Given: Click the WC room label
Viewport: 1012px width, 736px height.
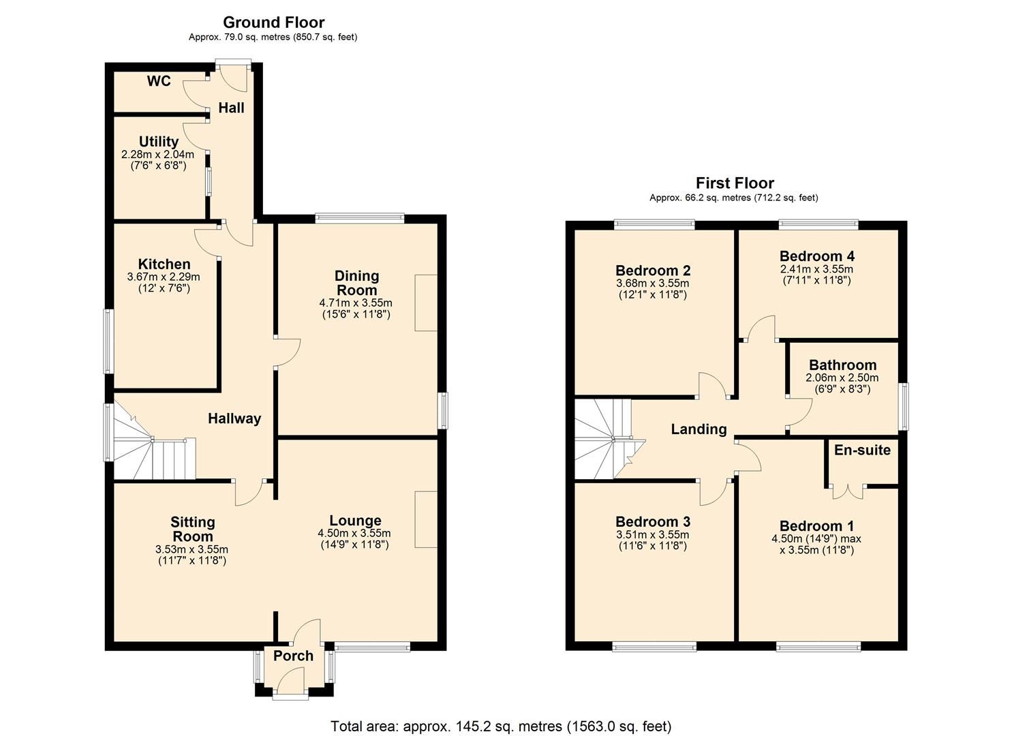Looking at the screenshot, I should coord(158,81).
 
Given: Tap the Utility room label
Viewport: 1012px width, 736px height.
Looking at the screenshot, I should coord(158,142).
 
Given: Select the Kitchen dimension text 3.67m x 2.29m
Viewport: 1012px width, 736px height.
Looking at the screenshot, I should coord(164,277).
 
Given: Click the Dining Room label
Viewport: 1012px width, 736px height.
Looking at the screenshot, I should coord(356,283).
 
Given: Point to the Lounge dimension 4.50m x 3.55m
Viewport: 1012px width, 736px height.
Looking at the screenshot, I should coord(354,534).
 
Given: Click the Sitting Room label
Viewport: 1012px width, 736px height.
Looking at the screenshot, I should coord(193,529).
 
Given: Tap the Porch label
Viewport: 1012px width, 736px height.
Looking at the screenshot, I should coord(293,656).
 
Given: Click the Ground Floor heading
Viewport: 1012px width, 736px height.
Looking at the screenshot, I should coord(273,22).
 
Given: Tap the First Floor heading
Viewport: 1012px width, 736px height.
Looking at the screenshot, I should coord(734,183).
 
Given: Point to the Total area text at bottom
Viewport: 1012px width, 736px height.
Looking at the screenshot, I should coord(501,726).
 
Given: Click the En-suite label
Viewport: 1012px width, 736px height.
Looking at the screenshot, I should coord(861,450).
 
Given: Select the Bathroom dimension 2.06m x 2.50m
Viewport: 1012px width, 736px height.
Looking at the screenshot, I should coord(842,378).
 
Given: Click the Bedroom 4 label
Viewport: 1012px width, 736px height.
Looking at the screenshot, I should coord(816,256).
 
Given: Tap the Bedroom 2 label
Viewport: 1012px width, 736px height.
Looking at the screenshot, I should coord(653,271).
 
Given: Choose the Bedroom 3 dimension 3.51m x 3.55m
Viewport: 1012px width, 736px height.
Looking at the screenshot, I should coord(653,534).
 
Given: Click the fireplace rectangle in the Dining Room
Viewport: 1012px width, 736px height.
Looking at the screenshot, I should coord(426,303).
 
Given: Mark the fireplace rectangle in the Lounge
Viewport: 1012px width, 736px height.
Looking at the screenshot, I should coord(426,519).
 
